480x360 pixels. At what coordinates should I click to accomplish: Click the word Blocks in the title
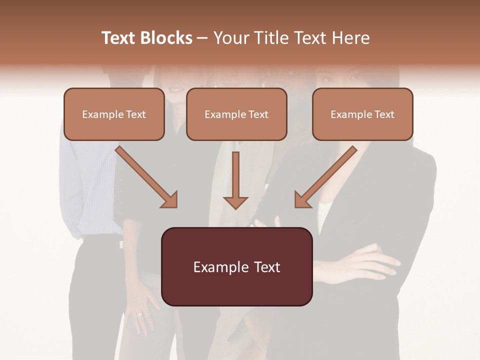pyautogui.click(x=165, y=38)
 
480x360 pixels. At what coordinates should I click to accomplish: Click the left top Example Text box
pyautogui.click(x=114, y=114)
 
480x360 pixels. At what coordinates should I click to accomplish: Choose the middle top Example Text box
pyautogui.click(x=236, y=114)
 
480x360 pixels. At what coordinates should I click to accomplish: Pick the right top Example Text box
pyautogui.click(x=362, y=114)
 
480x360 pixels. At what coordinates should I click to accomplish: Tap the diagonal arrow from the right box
pyautogui.click(x=325, y=177)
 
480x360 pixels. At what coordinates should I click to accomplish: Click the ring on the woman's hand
pyautogui.click(x=139, y=314)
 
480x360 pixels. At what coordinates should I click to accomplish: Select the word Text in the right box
pyautogui.click(x=384, y=114)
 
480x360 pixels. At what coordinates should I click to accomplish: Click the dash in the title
pyautogui.click(x=202, y=38)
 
